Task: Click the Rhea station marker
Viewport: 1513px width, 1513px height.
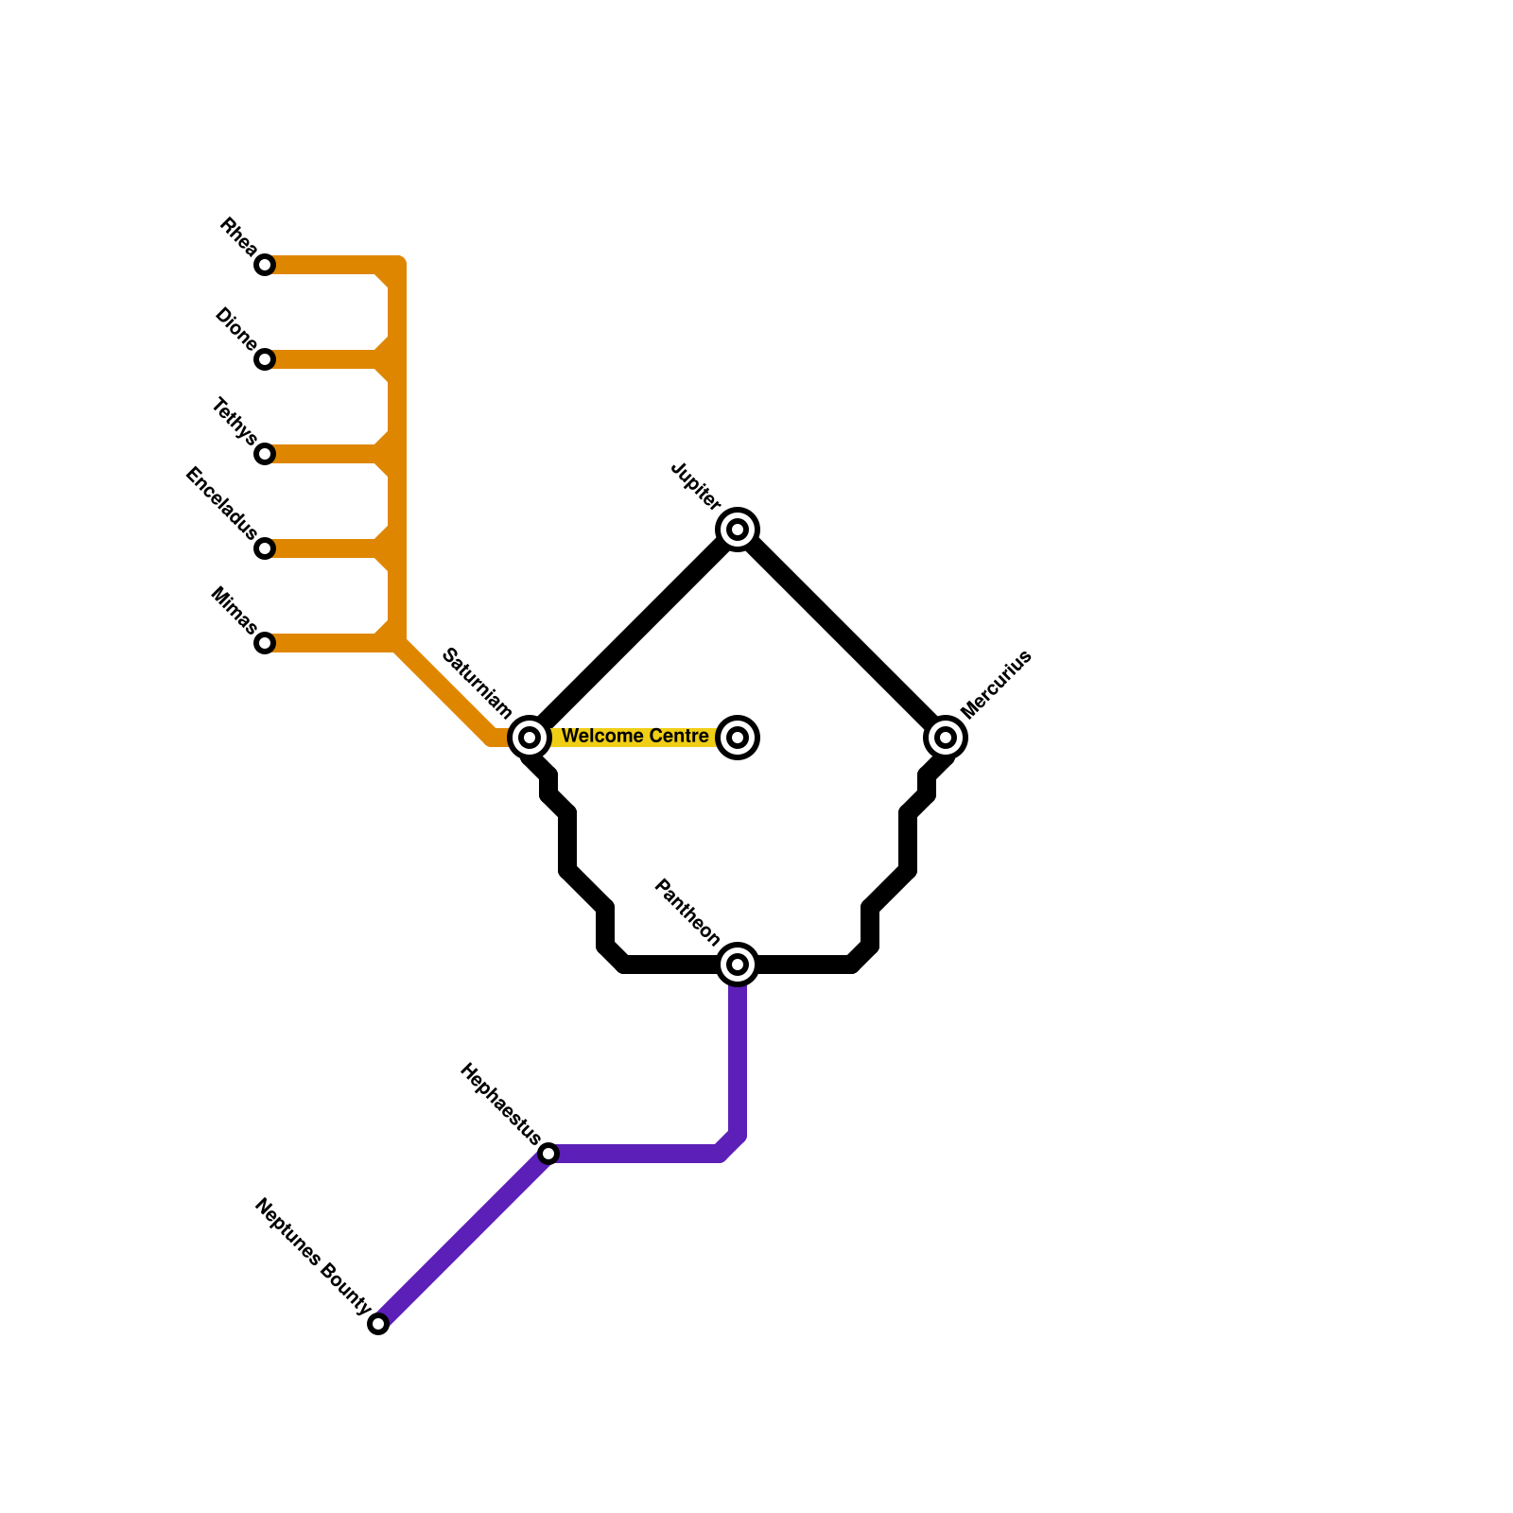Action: [265, 265]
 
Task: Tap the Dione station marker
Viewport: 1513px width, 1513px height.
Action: [265, 359]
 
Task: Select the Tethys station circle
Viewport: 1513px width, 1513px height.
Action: [265, 454]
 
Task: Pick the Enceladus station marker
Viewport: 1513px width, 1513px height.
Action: [265, 548]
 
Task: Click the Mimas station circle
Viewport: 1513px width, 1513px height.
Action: [265, 643]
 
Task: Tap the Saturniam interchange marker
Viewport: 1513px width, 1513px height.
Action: [530, 737]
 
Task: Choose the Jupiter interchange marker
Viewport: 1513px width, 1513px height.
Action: [738, 529]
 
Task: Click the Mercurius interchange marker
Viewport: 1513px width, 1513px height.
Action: [946, 737]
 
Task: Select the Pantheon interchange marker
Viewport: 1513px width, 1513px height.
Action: [738, 965]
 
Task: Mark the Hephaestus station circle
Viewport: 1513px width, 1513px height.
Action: [548, 1154]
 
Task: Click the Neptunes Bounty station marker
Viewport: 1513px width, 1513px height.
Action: [378, 1324]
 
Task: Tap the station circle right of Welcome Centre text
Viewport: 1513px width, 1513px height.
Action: [738, 737]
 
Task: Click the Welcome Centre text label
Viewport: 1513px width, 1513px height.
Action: [635, 736]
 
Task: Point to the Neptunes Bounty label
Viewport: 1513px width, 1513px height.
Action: [312, 1256]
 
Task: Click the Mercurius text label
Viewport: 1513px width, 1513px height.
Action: [996, 685]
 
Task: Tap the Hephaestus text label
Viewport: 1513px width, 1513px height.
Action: [500, 1104]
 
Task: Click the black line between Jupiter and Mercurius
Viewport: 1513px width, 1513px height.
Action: [842, 633]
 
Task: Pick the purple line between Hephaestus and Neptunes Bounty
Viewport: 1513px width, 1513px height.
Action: [463, 1239]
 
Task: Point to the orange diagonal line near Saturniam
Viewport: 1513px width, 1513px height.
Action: [444, 690]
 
